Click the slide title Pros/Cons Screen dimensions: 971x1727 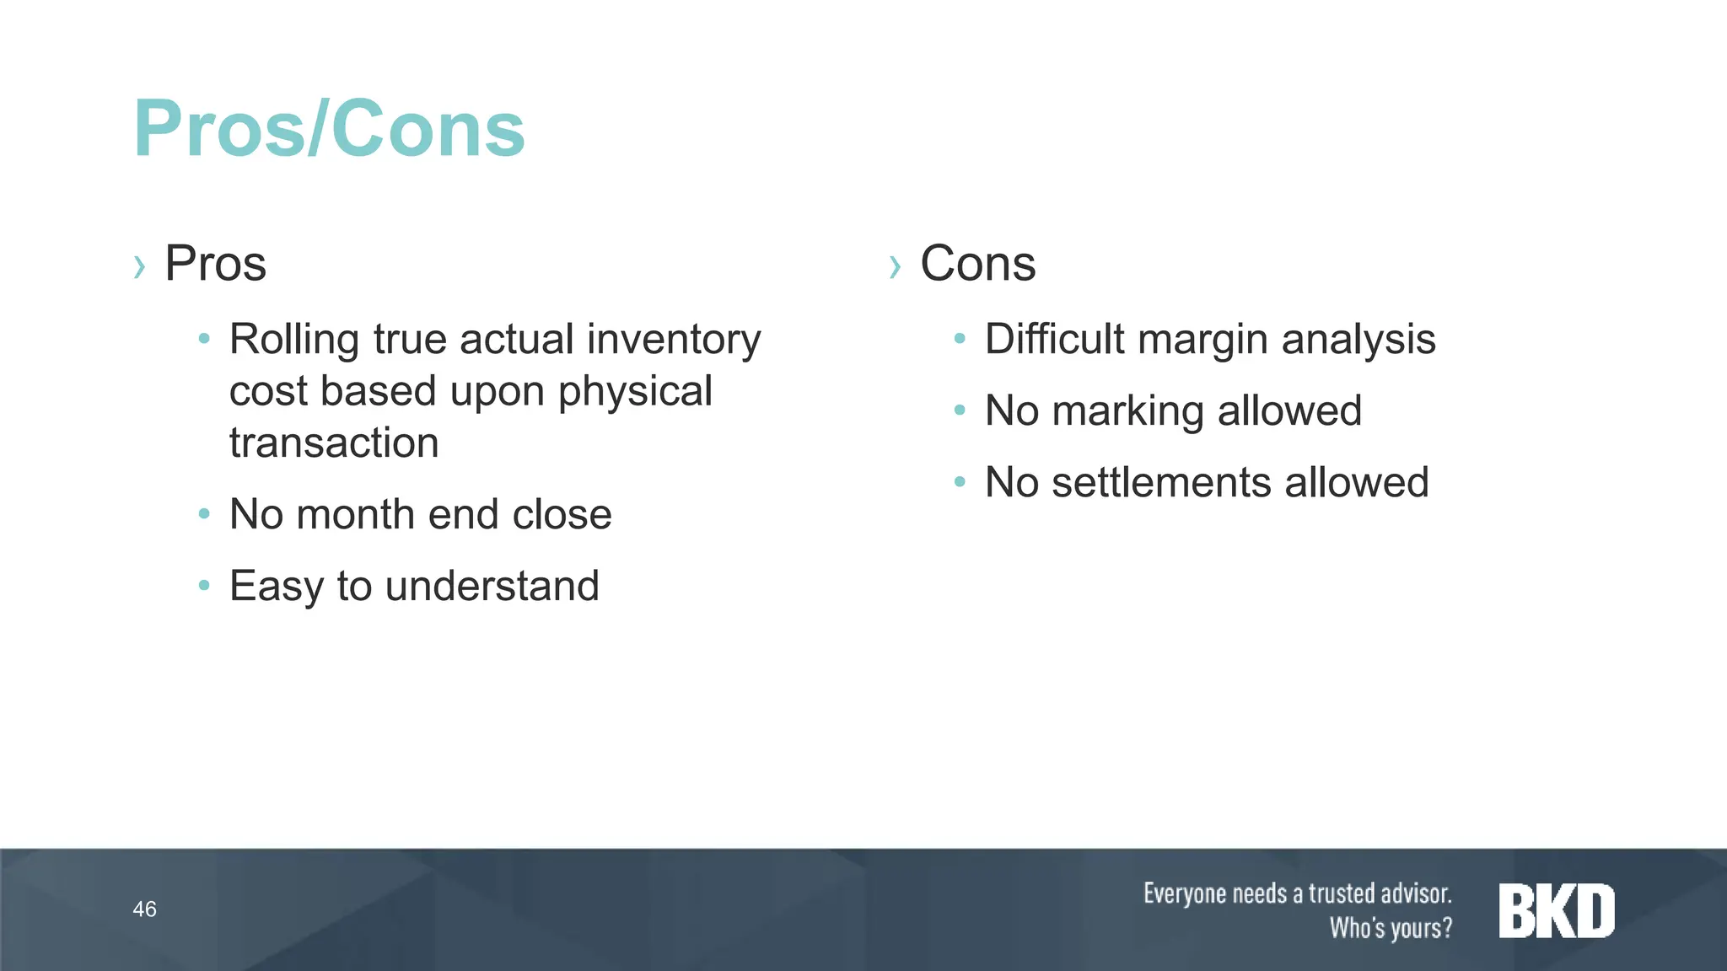(x=329, y=129)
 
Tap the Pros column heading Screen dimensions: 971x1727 (x=215, y=263)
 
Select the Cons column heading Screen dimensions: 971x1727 (x=977, y=263)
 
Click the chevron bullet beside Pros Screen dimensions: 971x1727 (x=140, y=267)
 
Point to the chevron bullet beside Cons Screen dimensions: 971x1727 (x=896, y=267)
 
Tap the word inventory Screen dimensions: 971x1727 (x=674, y=340)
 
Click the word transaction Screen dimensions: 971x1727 (x=334, y=443)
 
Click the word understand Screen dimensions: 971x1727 (x=492, y=586)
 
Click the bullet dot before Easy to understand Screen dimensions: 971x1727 (x=203, y=585)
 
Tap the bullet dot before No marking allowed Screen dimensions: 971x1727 (x=959, y=410)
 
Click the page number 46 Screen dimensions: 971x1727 (x=144, y=909)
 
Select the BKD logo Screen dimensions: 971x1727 (x=1556, y=910)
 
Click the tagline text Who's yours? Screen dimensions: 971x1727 (x=1391, y=928)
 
